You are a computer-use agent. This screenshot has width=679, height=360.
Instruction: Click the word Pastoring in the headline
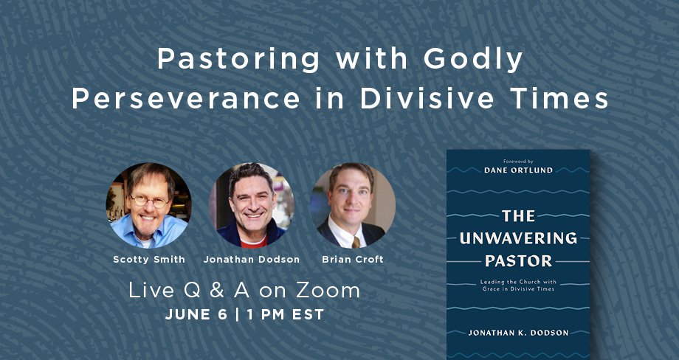click(x=239, y=60)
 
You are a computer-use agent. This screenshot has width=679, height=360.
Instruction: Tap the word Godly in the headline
click(x=473, y=60)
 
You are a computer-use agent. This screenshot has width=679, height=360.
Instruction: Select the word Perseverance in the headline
click(x=186, y=99)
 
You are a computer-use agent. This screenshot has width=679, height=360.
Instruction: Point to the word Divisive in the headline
click(x=427, y=99)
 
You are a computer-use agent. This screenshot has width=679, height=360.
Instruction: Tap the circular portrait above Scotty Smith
click(x=149, y=206)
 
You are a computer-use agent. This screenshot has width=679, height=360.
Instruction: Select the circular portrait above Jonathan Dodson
click(x=252, y=206)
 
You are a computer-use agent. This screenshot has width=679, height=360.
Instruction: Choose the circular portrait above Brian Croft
click(x=353, y=206)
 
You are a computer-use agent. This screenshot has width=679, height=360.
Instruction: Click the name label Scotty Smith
click(x=149, y=260)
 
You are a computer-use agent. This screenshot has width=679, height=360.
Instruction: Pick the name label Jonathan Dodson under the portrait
click(x=252, y=260)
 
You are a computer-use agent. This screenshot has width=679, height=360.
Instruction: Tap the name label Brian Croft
click(x=353, y=260)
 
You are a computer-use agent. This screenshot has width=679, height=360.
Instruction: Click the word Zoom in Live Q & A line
click(x=328, y=291)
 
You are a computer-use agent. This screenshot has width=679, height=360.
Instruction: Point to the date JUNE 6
click(x=196, y=314)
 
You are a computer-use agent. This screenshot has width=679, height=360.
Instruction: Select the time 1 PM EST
click(x=286, y=314)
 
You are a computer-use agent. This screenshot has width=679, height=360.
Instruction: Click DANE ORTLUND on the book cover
click(x=518, y=170)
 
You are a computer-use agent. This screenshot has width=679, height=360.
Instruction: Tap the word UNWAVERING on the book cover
click(x=518, y=238)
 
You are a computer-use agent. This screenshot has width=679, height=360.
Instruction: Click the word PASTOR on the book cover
click(x=518, y=261)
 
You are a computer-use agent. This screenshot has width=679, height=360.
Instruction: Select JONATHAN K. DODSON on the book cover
click(x=518, y=333)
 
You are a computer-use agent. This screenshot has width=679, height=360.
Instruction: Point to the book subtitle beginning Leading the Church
click(x=518, y=285)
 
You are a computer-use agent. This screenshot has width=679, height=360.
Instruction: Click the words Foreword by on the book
click(x=518, y=161)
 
